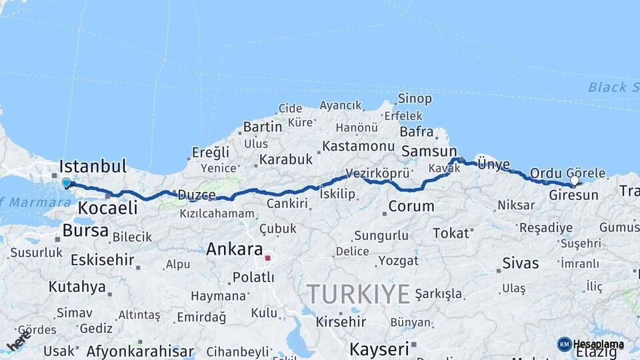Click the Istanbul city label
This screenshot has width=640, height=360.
93,166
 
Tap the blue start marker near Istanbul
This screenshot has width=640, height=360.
66,182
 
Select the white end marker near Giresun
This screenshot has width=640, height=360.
574,180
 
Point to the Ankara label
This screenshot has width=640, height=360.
234,249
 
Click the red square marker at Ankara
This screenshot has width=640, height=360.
267,258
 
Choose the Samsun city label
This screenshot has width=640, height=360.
429,151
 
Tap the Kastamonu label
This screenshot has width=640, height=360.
359,146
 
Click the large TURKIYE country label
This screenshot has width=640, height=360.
358,294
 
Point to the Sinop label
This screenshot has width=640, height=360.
415,99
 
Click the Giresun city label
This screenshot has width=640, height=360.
573,195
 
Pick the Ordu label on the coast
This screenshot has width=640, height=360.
546,173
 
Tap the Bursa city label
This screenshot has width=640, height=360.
85,231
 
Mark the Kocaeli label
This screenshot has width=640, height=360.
107,207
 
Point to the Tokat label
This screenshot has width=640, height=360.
451,233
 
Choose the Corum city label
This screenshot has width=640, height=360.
411,207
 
